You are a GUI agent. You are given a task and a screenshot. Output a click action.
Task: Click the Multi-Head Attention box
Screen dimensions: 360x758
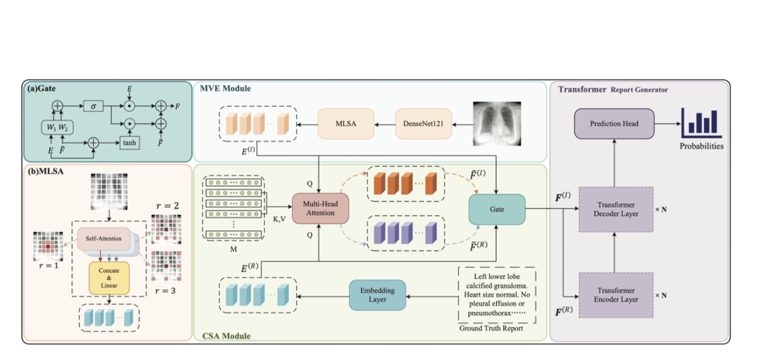tap(320, 208)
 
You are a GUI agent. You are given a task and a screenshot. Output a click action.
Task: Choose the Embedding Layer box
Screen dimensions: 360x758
tap(377, 295)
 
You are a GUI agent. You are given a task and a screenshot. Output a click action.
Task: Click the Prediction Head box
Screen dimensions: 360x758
tap(614, 123)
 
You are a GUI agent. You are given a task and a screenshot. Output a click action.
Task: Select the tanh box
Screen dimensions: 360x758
tap(129, 143)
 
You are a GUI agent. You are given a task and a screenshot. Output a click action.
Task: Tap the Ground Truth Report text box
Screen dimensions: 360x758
tap(496, 295)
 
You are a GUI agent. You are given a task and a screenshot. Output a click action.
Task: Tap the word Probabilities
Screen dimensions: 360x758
tap(701, 145)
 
